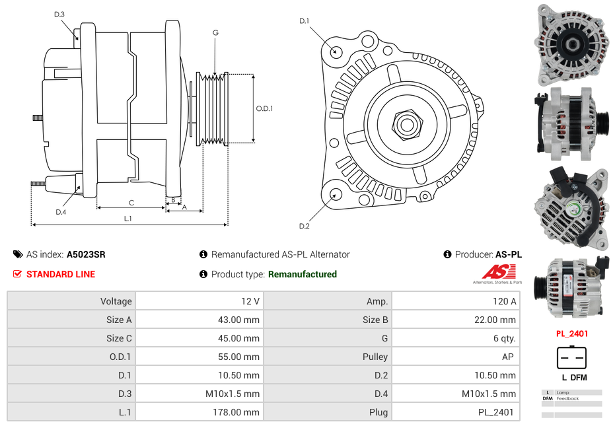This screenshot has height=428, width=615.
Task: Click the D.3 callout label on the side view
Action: click(x=59, y=14)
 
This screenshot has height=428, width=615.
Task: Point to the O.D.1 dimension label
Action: click(x=264, y=108)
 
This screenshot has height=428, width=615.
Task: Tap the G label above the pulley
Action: click(x=215, y=32)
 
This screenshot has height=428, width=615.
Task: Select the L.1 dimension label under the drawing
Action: click(x=128, y=218)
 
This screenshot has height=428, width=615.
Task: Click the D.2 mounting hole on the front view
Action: click(x=336, y=194)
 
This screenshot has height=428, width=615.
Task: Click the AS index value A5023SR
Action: click(x=86, y=254)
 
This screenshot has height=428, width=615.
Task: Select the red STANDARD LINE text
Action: click(x=61, y=274)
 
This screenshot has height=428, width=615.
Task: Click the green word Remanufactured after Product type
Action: click(x=302, y=274)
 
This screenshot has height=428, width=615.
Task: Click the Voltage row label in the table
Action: click(x=116, y=301)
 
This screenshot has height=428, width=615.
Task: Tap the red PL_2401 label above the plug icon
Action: click(x=571, y=334)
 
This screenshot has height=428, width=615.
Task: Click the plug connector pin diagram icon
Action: click(x=571, y=358)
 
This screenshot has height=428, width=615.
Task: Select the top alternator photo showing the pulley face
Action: click(x=571, y=44)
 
